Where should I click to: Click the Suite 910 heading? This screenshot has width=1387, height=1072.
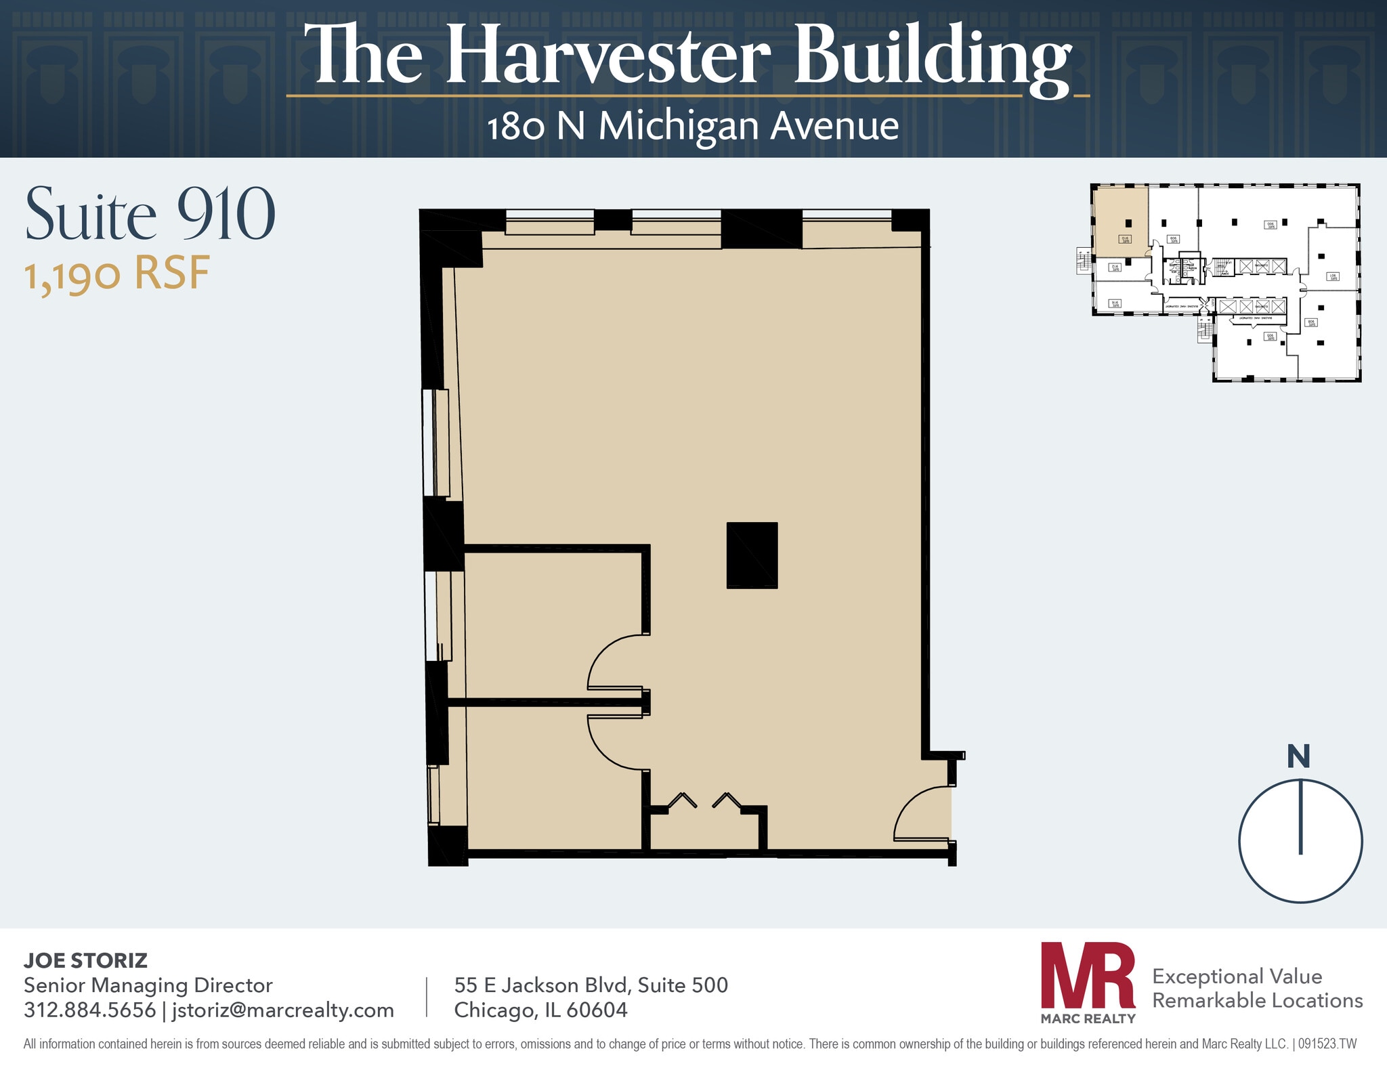click(x=150, y=215)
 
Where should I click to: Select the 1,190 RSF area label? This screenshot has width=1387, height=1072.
click(x=117, y=274)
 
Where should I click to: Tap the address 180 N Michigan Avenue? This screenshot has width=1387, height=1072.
click(x=693, y=127)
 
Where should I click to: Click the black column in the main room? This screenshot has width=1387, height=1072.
click(x=752, y=555)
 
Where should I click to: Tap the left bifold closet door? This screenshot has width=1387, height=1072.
click(x=682, y=800)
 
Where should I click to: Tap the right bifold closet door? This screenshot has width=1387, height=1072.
click(x=727, y=800)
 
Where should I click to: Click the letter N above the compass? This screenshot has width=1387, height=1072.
click(x=1298, y=756)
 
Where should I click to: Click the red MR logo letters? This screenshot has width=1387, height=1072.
click(x=1088, y=975)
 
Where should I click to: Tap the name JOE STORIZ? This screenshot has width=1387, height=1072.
click(x=85, y=960)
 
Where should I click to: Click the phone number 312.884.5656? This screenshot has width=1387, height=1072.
click(x=89, y=1010)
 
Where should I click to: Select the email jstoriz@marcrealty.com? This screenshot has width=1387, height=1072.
click(x=282, y=1010)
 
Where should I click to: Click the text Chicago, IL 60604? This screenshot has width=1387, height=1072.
click(x=540, y=1010)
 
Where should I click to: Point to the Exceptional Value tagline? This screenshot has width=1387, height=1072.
click(x=1237, y=977)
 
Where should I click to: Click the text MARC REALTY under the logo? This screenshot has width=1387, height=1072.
click(x=1088, y=1019)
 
